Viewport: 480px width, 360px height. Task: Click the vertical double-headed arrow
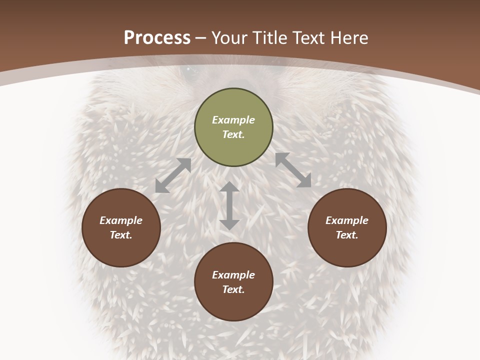[229, 205]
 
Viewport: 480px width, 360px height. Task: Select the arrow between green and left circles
[173, 175]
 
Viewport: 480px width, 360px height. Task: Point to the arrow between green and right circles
[293, 170]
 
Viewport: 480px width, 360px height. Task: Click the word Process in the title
[157, 37]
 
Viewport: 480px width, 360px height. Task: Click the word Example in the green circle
[233, 120]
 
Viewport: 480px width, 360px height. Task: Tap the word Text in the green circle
[233, 134]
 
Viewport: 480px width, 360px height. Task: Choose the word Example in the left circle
[121, 220]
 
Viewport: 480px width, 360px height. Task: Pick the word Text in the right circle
[347, 235]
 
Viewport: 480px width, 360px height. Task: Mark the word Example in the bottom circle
[233, 275]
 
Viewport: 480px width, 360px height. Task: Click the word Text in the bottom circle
[233, 289]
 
